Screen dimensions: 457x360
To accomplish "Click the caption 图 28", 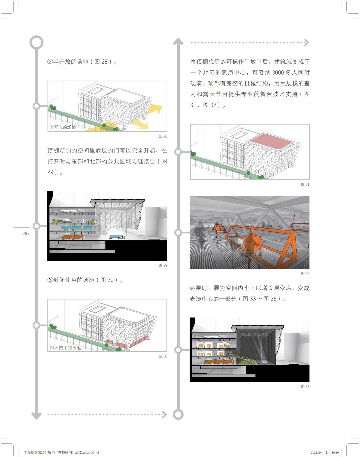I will click(163, 136).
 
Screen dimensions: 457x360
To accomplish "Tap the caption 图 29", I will click(163, 265).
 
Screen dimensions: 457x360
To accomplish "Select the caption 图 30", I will click(163, 356).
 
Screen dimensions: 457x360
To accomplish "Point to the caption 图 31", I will click(305, 184).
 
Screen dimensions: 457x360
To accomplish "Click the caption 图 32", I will click(305, 274).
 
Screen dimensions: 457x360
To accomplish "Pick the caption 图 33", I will click(305, 387).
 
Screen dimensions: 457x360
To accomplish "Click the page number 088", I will click(26, 233).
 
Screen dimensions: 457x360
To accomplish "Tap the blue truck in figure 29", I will click(117, 237).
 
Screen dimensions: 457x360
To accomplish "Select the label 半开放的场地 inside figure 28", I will click(63, 127).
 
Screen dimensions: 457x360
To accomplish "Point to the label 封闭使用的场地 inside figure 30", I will click(65, 348).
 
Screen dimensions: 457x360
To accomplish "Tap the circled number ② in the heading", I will click(50, 62).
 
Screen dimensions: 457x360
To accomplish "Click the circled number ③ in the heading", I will click(50, 280).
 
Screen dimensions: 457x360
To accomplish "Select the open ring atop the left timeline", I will click(36, 42).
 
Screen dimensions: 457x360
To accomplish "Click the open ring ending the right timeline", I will click(178, 414).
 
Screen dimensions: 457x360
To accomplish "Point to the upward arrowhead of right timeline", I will click(178, 41).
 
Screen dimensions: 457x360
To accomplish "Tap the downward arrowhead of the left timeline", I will click(36, 415).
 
